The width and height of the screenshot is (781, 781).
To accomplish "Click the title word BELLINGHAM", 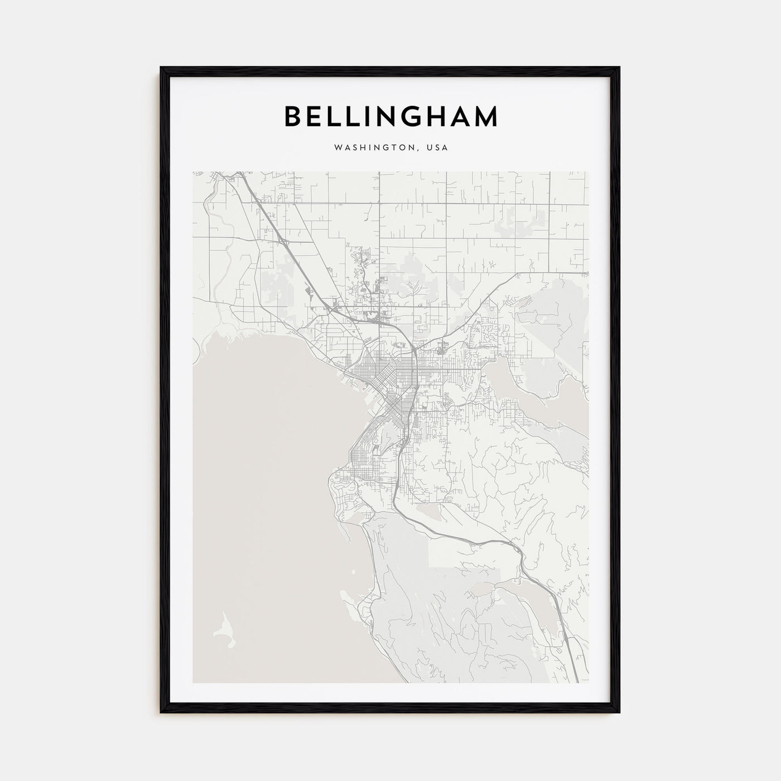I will (390, 117).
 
